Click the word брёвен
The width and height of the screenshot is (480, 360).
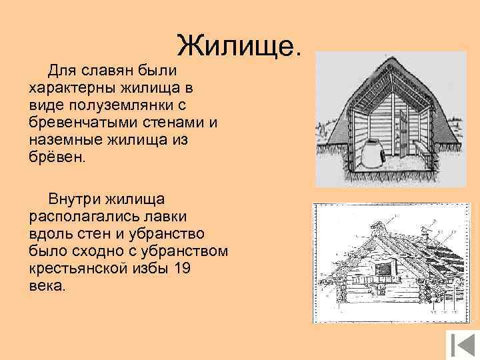57,158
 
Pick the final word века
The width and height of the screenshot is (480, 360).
47,286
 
